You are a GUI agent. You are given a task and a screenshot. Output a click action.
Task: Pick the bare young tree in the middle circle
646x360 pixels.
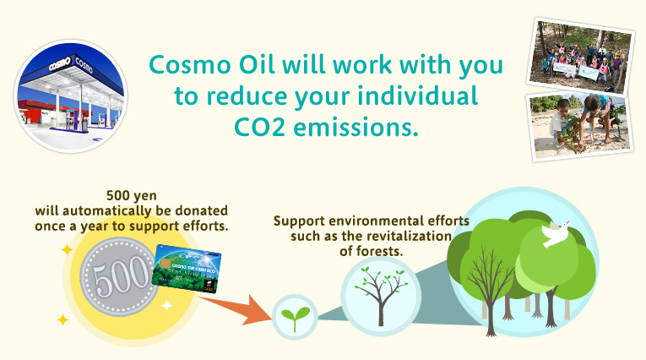(380, 293)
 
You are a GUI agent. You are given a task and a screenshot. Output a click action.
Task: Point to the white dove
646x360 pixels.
(554, 235)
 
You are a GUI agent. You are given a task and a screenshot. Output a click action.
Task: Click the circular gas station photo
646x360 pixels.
(70, 87)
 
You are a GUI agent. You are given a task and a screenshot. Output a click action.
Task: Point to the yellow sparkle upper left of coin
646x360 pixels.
(65, 250)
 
